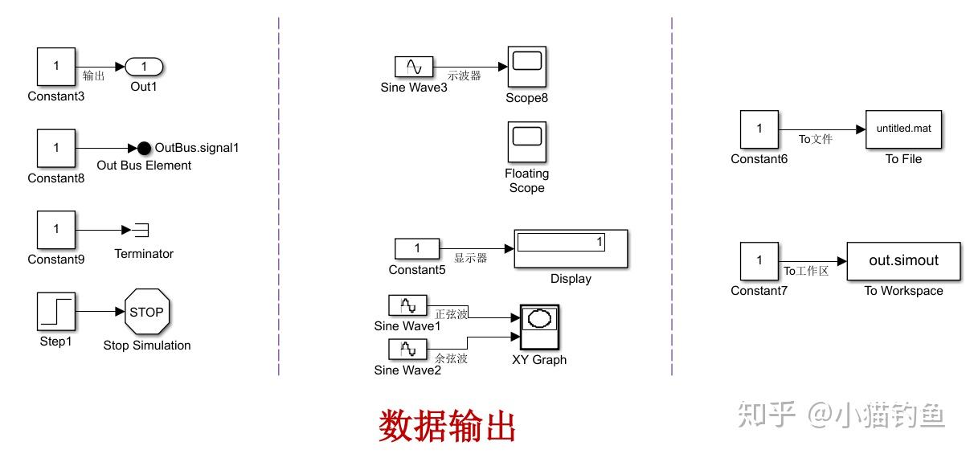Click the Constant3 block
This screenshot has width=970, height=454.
pyautogui.click(x=56, y=67)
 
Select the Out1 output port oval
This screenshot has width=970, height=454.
pyautogui.click(x=144, y=67)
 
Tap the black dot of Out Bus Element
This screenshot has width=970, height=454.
pyautogui.click(x=144, y=148)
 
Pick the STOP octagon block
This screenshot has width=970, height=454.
pyautogui.click(x=146, y=312)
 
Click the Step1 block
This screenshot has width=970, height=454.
pyautogui.click(x=56, y=312)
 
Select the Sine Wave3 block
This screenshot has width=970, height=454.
pyautogui.click(x=414, y=67)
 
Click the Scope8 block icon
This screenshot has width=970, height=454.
pyautogui.click(x=527, y=67)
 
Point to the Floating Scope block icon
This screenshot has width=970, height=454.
pyautogui.click(x=527, y=141)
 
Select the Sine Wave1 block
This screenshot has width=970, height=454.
pyautogui.click(x=408, y=305)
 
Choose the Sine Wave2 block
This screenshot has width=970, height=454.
pyautogui.click(x=408, y=350)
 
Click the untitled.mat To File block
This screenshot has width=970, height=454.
pyautogui.click(x=903, y=129)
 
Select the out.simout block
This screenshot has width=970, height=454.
pyautogui.click(x=903, y=261)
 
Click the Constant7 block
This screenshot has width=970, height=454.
pyautogui.click(x=759, y=261)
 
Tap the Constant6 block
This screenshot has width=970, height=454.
pyautogui.click(x=759, y=129)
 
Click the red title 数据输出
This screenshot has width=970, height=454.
pyautogui.click(x=447, y=426)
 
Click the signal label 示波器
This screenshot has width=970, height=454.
pyautogui.click(x=464, y=76)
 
